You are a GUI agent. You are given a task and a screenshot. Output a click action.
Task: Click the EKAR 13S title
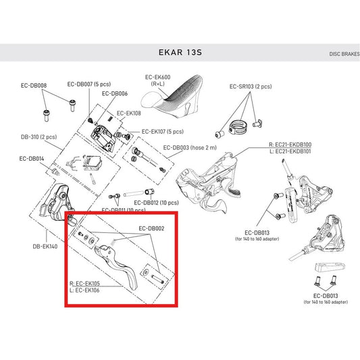180,51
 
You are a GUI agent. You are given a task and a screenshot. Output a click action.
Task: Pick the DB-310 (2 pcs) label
38,136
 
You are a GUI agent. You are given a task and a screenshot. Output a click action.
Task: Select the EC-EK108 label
129,113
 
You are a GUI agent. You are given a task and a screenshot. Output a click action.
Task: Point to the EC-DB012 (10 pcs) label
156,202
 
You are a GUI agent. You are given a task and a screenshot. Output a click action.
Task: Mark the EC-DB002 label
151,228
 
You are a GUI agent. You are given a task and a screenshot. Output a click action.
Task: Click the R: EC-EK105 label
86,283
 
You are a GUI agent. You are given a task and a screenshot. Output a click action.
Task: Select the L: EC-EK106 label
86,290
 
